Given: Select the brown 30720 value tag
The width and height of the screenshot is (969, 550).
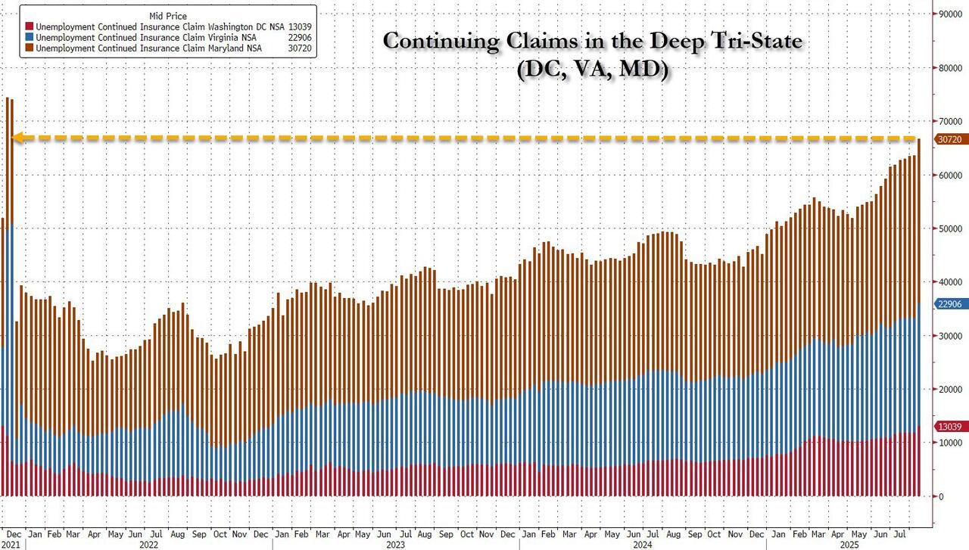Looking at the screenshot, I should pos(951,139).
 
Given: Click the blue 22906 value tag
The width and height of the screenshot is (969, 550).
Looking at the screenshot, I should pos(951,304).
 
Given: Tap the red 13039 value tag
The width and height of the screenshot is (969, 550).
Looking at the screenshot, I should pos(951,427).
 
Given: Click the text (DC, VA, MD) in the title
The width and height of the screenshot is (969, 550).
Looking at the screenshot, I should pos(592,70).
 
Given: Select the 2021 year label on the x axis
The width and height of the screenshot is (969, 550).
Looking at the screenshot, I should pos(11,543).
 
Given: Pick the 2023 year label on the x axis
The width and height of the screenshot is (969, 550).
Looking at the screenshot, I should pos(395,543).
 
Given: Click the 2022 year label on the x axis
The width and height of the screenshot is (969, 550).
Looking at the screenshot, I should pos(148,543).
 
